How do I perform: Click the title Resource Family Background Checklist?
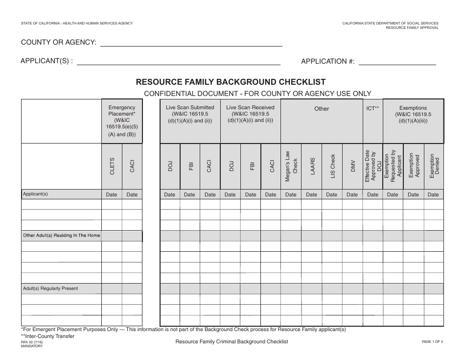[x=231, y=82]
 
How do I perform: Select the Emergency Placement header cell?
[x=122, y=121]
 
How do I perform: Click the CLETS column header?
[x=112, y=166]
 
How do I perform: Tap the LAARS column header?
[x=311, y=166]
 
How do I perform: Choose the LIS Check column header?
[x=332, y=166]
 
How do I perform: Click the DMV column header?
[x=352, y=166]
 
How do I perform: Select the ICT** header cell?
[x=372, y=108]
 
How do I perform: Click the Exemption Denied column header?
[x=434, y=166]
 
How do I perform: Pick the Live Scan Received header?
[x=250, y=114]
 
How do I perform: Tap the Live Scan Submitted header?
[x=190, y=114]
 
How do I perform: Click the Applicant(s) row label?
[x=36, y=194]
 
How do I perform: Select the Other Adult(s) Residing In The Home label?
[x=62, y=236]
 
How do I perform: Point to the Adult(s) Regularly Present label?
[x=50, y=288]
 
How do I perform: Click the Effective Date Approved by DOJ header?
[x=372, y=166]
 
